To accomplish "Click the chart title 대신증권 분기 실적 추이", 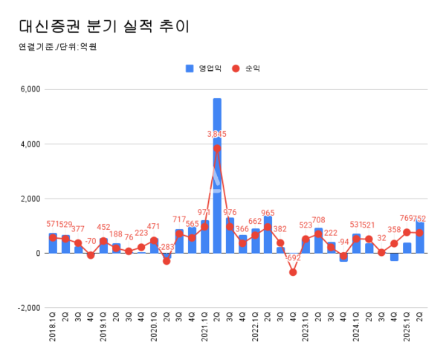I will coord(104,27).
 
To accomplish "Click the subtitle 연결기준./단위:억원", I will coord(58,47).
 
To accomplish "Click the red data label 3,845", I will coord(217,135).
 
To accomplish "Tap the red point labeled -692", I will coord(293,272).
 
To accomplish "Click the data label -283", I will coord(167,247).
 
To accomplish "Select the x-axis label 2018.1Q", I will coord(53,332).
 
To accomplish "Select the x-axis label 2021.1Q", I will coord(204,332).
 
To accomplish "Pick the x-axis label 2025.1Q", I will coord(407,332).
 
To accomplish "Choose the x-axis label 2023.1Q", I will coord(306,332).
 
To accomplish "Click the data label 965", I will coord(268,213).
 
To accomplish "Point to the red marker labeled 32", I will coord(381,252).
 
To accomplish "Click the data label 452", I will coord(103,228).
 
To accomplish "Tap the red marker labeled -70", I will coord(91,255).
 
